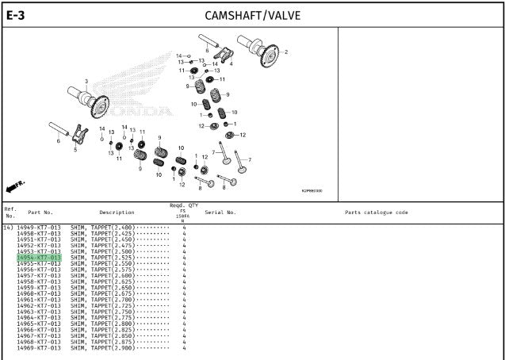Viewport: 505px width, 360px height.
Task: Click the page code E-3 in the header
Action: point(15,14)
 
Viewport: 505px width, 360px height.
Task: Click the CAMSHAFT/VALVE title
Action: point(252,15)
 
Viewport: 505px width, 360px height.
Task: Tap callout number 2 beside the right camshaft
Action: point(286,52)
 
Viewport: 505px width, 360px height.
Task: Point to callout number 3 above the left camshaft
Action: point(86,82)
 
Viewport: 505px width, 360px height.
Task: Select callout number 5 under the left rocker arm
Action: point(75,148)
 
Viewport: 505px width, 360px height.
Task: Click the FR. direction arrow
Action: point(15,186)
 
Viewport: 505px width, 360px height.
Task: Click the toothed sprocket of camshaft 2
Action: point(269,59)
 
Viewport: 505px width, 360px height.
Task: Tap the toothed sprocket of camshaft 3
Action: point(99,105)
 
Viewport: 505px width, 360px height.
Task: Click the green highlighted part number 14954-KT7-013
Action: point(39,258)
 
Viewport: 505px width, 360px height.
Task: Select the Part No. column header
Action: point(40,213)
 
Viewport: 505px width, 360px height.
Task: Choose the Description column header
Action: point(117,213)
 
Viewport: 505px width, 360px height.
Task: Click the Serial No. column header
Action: point(220,213)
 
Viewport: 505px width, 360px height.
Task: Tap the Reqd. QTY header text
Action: point(183,205)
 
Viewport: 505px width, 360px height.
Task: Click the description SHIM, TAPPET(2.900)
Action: point(102,348)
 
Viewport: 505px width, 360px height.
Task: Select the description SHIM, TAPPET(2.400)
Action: point(102,228)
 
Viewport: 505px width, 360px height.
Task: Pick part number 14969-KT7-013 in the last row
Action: point(39,348)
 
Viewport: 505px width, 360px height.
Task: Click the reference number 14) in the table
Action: point(7,228)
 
